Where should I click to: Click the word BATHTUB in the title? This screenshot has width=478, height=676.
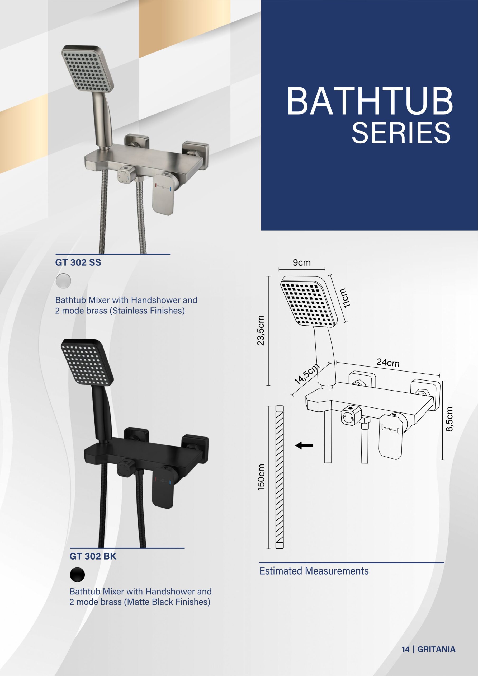tap(370, 101)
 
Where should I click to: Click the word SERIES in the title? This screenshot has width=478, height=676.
tap(401, 133)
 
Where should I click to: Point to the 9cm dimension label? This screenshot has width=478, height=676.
tap(302, 262)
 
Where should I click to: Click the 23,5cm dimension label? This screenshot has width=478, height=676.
tap(261, 330)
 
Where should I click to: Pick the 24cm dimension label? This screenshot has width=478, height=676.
tap(388, 363)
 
